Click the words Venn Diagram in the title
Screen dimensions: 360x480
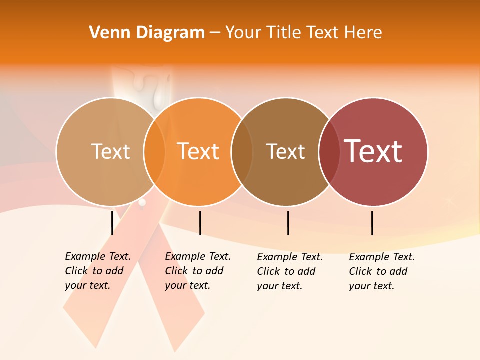click(x=147, y=33)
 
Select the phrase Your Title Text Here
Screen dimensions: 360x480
click(x=303, y=33)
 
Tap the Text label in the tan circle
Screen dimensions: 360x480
click(x=110, y=151)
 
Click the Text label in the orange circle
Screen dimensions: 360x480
click(x=198, y=151)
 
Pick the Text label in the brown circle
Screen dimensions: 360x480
click(x=285, y=151)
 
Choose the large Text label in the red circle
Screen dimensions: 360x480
click(x=373, y=151)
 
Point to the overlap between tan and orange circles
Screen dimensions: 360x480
click(x=154, y=152)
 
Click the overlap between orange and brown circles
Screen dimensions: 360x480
click(x=242, y=152)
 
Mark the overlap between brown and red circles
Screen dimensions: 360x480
click(x=329, y=152)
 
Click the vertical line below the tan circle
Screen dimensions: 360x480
click(x=112, y=223)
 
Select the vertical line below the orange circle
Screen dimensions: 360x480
click(x=200, y=223)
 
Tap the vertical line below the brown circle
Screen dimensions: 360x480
click(x=288, y=223)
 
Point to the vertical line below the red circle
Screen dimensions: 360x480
click(x=372, y=223)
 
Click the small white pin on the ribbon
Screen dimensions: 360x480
click(x=142, y=202)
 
